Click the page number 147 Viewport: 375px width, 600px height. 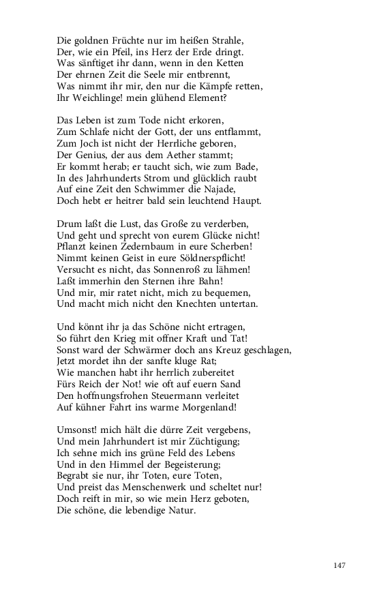pyautogui.click(x=342, y=566)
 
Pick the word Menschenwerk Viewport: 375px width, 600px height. pyautogui.click(x=145, y=490)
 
